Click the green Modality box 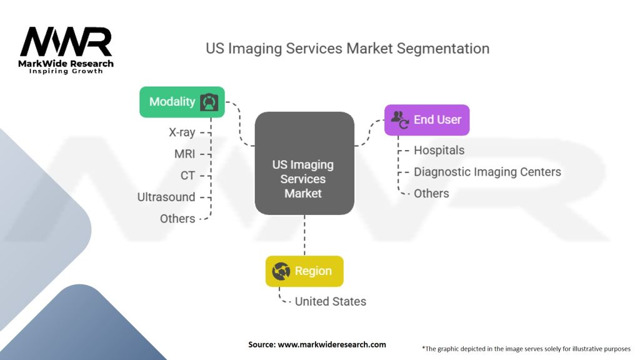[181, 102]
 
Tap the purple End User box [426, 119]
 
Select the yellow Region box [304, 271]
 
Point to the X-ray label [182, 132]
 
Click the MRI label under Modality [185, 154]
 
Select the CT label [188, 176]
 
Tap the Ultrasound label [166, 197]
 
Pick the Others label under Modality [177, 218]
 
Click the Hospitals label [439, 150]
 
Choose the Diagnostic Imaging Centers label [487, 171]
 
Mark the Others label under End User [431, 193]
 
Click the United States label [330, 301]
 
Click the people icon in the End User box [399, 119]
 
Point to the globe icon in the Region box [281, 271]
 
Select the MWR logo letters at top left [66, 42]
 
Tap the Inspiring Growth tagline [66, 71]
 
